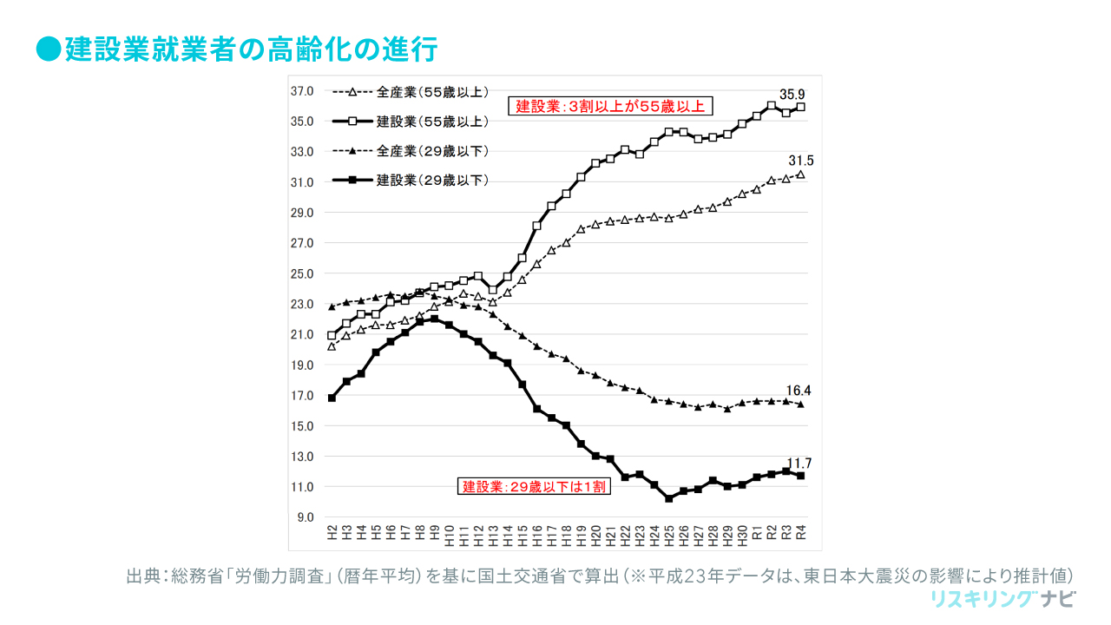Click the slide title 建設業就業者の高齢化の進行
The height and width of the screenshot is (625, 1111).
(251, 49)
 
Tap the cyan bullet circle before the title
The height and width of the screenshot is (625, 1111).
(49, 49)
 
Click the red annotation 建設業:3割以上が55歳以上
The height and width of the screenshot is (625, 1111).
(610, 107)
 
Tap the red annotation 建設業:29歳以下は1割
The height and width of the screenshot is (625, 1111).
(534, 486)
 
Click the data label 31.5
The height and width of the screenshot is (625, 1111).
(800, 161)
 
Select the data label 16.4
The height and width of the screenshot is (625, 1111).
(799, 391)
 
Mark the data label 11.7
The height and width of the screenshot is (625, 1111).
(799, 463)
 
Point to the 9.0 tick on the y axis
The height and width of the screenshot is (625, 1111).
(306, 517)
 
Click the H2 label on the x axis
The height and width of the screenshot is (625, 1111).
(332, 533)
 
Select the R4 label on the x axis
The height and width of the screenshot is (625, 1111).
(801, 533)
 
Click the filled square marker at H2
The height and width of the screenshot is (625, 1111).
(332, 398)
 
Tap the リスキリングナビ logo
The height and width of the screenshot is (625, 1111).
(1003, 599)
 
